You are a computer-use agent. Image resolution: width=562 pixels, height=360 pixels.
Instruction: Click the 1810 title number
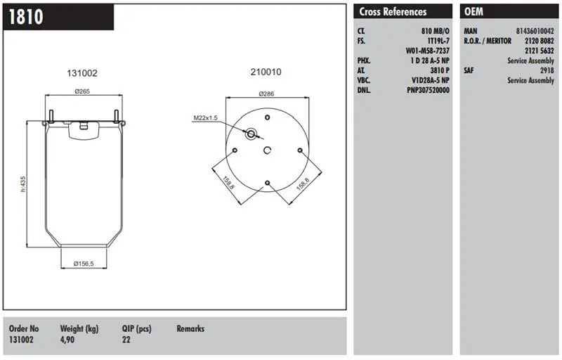pos(26,17)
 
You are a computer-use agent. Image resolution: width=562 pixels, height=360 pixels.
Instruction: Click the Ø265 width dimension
pos(82,91)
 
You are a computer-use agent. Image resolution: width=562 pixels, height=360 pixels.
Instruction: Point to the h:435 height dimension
pos(23,184)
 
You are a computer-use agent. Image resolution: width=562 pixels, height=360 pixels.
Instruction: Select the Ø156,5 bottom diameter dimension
pos(84,264)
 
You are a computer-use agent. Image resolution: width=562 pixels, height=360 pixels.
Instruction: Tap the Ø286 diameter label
pos(266,94)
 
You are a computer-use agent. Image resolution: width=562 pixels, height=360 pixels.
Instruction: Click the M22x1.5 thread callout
pos(205,117)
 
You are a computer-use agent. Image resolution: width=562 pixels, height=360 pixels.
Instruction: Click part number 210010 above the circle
pos(266,72)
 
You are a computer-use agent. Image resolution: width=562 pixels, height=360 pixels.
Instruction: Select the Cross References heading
pos(393,12)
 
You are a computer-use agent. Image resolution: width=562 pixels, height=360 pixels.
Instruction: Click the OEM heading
pos(473,12)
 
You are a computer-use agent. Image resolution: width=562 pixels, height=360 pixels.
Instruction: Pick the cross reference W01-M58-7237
pos(427,51)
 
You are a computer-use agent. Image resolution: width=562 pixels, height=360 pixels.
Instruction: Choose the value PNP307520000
pos(428,90)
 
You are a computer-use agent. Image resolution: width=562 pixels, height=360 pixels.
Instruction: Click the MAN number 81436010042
pos(535,31)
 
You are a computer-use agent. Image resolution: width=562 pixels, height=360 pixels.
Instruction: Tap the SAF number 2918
pos(547,70)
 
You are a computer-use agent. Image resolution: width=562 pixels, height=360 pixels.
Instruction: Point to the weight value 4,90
pos(67,339)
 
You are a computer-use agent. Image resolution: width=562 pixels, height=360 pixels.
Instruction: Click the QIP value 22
pos(126,339)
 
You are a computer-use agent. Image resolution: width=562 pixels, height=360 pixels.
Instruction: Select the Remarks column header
pos(190,328)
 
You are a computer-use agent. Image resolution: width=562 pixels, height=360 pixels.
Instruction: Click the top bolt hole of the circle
pos(268,117)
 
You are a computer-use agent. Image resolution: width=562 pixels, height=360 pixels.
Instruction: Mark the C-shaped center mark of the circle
pos(268,150)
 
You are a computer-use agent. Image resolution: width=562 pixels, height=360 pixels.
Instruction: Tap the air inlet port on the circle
pos(251,134)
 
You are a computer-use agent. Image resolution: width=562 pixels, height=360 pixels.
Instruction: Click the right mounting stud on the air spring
pos(116,116)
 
